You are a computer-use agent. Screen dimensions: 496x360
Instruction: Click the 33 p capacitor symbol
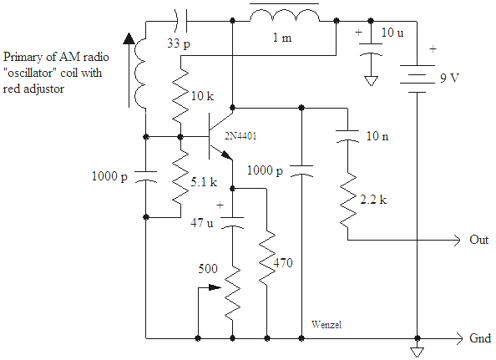[x=181, y=21]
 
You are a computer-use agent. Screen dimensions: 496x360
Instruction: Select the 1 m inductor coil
[x=285, y=16]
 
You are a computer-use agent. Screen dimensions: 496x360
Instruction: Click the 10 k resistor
[x=180, y=95]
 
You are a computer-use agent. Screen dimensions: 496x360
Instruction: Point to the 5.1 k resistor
[x=180, y=177]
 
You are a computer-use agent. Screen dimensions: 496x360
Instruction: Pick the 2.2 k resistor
[x=348, y=200]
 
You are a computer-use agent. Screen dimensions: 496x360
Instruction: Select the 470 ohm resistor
[x=267, y=257]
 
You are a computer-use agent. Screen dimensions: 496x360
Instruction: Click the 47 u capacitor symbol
[x=232, y=222]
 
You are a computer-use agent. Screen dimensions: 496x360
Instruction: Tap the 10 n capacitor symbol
[x=347, y=135]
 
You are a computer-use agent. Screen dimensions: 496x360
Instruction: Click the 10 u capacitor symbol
[x=371, y=49]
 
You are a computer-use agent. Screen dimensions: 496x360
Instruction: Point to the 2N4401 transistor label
[x=240, y=136]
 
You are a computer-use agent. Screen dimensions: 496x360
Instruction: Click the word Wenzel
[x=326, y=325]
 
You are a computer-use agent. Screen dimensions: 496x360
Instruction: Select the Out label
[x=479, y=240]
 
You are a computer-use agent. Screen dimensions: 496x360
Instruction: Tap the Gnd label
[x=480, y=338]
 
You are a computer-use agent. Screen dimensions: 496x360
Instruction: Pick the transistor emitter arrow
[x=225, y=155]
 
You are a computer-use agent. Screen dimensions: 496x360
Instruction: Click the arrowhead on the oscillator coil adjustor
[x=129, y=38]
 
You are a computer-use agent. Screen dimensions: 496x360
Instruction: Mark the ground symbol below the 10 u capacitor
[x=371, y=81]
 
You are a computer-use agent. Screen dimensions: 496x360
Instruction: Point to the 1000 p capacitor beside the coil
[x=146, y=176]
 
